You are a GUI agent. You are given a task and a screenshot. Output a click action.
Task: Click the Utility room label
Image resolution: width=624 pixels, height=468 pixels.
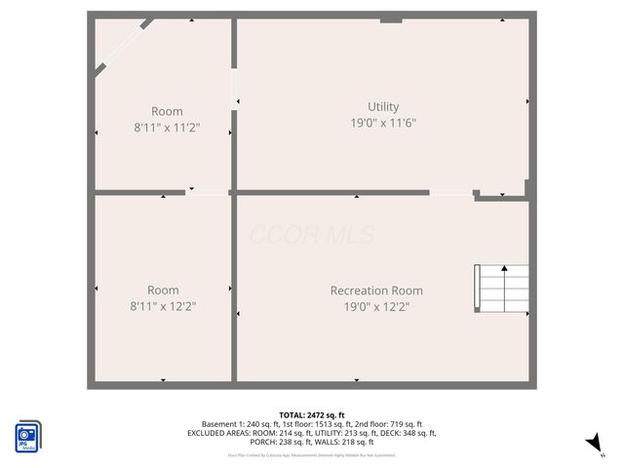pyautogui.click(x=382, y=106)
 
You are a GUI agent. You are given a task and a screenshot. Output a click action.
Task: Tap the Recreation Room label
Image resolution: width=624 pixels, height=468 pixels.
pyautogui.click(x=376, y=291)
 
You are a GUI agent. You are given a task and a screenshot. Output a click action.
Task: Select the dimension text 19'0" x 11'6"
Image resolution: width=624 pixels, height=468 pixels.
pyautogui.click(x=383, y=123)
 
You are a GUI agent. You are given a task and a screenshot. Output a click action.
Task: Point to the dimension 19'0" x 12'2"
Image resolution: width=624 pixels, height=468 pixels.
pyautogui.click(x=376, y=307)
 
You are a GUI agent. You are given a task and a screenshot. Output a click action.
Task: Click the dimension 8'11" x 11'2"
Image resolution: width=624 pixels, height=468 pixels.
pyautogui.click(x=166, y=128)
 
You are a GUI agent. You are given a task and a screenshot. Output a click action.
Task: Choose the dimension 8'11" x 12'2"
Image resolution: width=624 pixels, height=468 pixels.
pyautogui.click(x=163, y=306)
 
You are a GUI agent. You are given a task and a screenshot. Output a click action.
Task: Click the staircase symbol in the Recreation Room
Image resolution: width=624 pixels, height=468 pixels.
pyautogui.click(x=501, y=288)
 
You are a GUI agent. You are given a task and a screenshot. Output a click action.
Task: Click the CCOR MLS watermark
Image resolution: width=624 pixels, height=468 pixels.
pyautogui.click(x=312, y=235)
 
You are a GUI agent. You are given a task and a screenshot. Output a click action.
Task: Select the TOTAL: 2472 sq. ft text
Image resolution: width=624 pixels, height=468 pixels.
pyautogui.click(x=312, y=415)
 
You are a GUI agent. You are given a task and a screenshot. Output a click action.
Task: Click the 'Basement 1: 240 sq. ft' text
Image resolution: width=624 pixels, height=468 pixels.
pyautogui.click(x=240, y=424)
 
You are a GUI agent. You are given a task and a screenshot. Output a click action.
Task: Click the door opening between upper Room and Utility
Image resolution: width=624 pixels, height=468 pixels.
pyautogui.click(x=234, y=89)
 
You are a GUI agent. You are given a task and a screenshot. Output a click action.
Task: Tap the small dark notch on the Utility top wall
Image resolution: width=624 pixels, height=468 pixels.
pyautogui.click(x=391, y=18)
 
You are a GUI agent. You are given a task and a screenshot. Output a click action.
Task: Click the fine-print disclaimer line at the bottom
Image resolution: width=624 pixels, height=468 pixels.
pyautogui.click(x=312, y=454)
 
